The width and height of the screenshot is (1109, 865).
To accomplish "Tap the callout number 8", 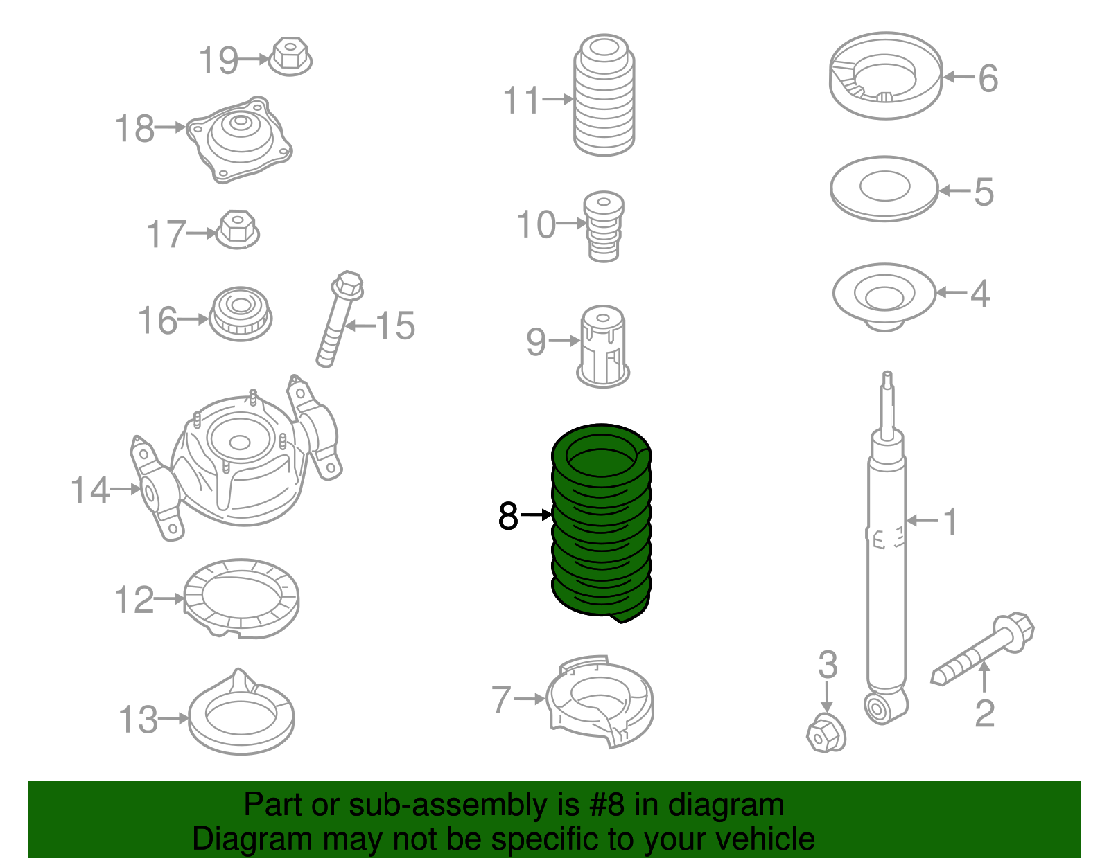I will point(508,516).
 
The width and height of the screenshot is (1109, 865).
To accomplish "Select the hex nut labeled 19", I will point(290,56).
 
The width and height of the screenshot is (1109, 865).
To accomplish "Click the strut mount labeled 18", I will point(240,139).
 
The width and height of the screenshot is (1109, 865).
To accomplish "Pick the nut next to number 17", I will point(238,229).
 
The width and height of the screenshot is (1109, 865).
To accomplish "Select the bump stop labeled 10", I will point(603,226).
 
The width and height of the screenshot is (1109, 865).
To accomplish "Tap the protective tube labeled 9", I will point(602,346).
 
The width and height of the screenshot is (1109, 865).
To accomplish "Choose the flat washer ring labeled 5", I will point(884,188).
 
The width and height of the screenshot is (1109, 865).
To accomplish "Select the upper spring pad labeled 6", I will point(885,76).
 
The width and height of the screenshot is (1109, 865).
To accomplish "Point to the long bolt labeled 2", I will point(983,648).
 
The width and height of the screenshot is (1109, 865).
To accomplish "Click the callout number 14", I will point(89,490).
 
